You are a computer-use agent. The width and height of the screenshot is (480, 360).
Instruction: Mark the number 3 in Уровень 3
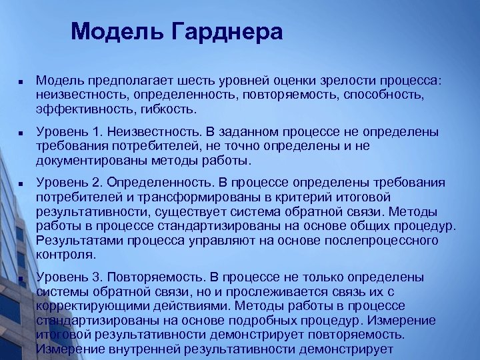pyautogui.click(x=94, y=277)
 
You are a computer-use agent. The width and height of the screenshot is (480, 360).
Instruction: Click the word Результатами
pyautogui.click(x=80, y=239)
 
